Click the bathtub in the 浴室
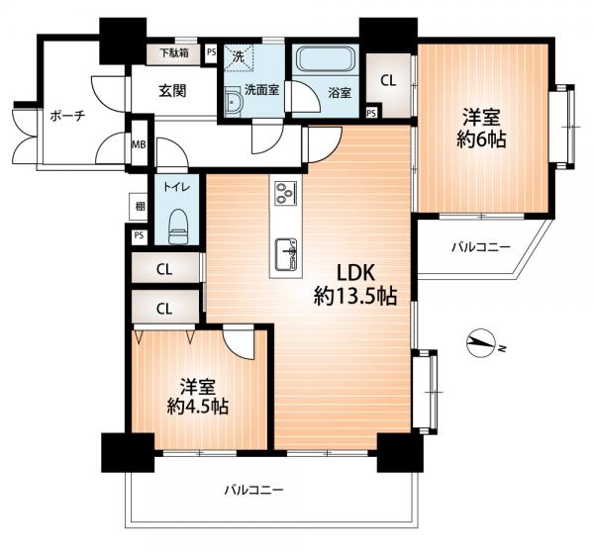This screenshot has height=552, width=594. pyautogui.click(x=326, y=58)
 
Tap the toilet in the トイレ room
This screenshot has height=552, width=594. pyautogui.click(x=177, y=227)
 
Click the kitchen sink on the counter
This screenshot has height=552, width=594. pyautogui.click(x=286, y=254)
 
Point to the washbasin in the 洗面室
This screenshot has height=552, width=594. pyautogui.click(x=232, y=102)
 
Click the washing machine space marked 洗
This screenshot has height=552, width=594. pyautogui.click(x=239, y=57)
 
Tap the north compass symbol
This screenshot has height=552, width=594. pyautogui.click(x=481, y=342)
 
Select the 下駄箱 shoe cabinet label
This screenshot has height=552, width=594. pyautogui.click(x=174, y=52)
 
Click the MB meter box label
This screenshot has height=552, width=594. pyautogui.click(x=139, y=144)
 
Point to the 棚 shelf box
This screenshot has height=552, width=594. pyautogui.click(x=138, y=207)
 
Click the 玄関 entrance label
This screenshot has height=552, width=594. pyautogui.click(x=172, y=91)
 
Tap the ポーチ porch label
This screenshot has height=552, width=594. pyautogui.click(x=67, y=116)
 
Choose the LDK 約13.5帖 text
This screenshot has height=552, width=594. pyautogui.click(x=355, y=284)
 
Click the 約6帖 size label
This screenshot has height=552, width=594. pyautogui.click(x=481, y=140)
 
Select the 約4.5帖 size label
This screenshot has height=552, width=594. pyautogui.click(x=197, y=407)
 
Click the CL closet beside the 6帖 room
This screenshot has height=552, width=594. pyautogui.click(x=388, y=80)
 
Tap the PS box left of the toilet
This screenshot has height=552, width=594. pyautogui.click(x=139, y=235)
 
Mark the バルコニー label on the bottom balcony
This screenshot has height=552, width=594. pyautogui.click(x=253, y=491)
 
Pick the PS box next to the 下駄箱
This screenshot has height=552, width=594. pyautogui.click(x=212, y=52)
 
